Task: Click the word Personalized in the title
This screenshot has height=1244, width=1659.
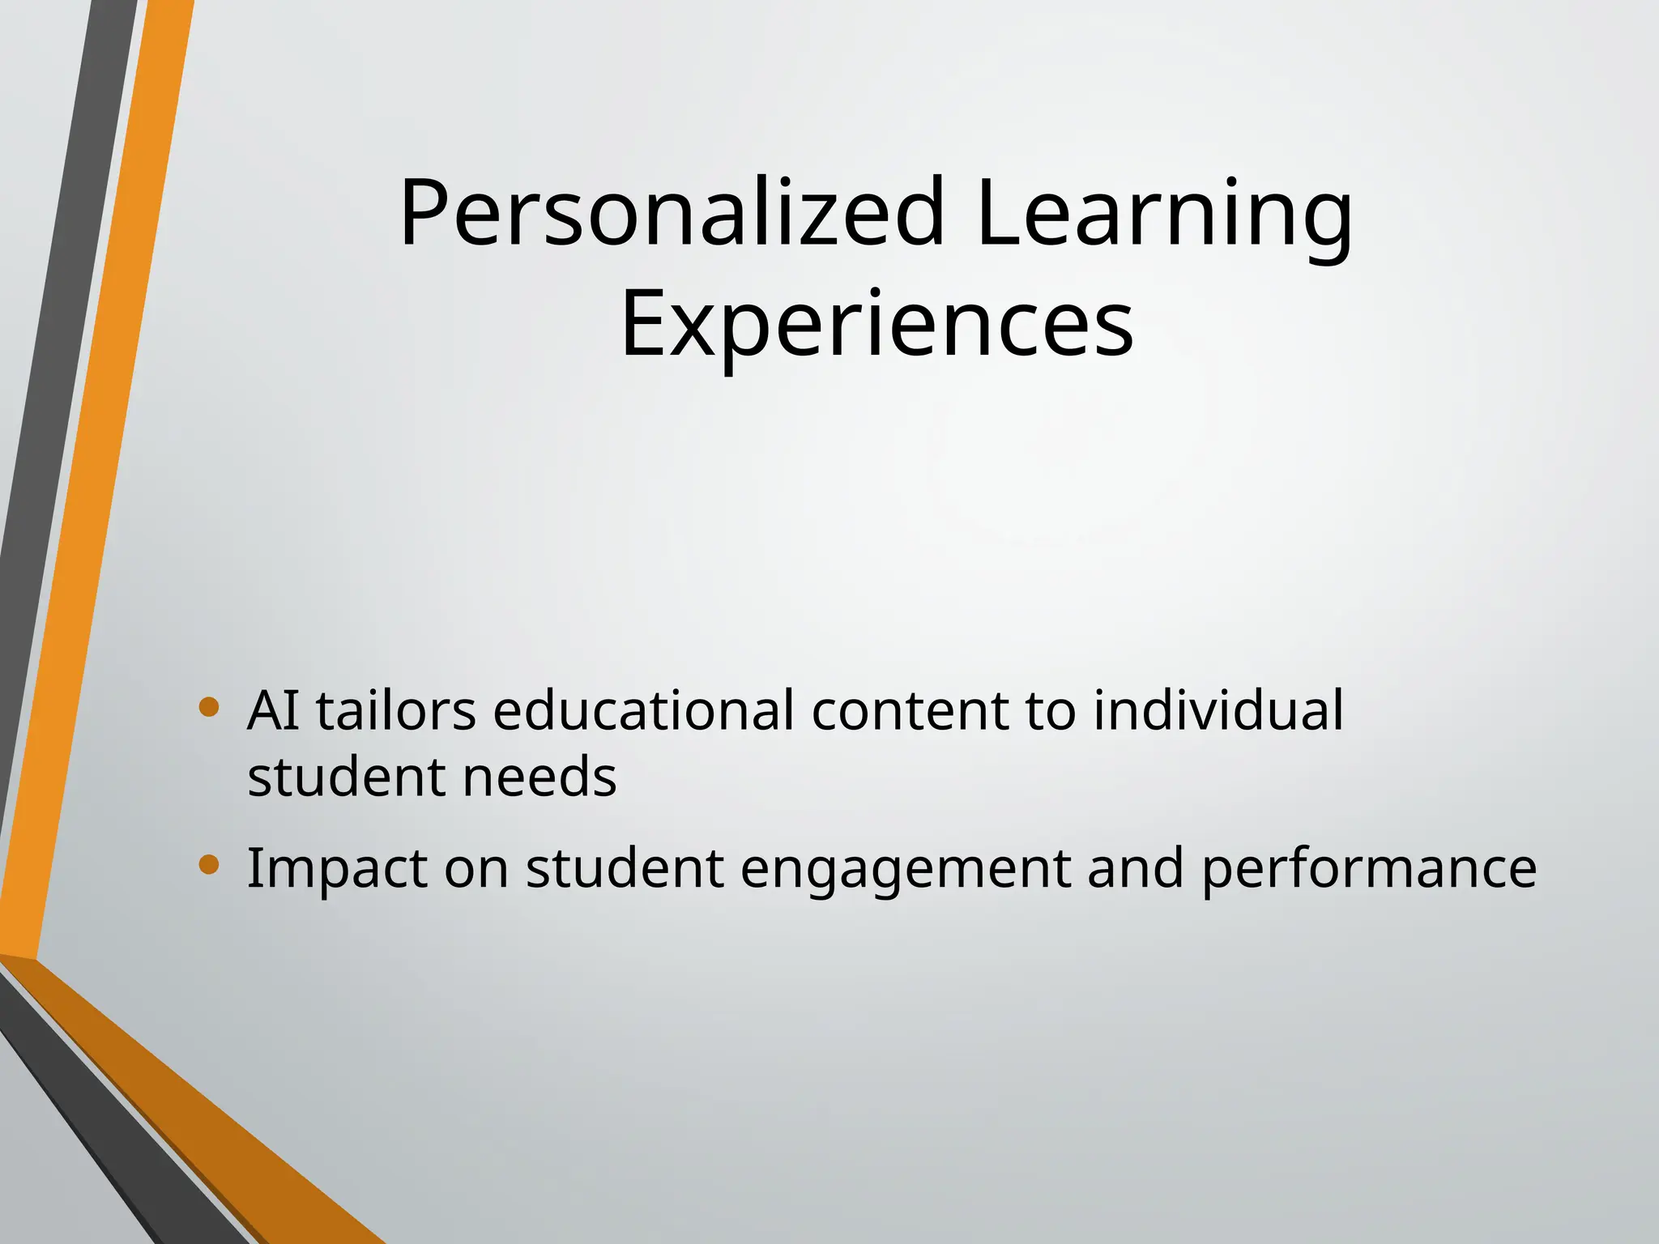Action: tap(672, 212)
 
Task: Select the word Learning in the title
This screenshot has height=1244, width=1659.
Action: tap(1163, 212)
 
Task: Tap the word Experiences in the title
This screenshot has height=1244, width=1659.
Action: tap(876, 324)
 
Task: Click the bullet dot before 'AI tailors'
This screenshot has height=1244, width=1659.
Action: tap(209, 708)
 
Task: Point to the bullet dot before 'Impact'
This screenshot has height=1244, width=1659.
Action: tap(209, 865)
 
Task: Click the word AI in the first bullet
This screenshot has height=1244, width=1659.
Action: tap(273, 710)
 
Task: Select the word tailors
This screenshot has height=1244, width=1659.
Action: tap(395, 710)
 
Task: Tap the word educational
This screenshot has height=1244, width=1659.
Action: tap(643, 710)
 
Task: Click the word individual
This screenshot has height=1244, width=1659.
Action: tap(1218, 710)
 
